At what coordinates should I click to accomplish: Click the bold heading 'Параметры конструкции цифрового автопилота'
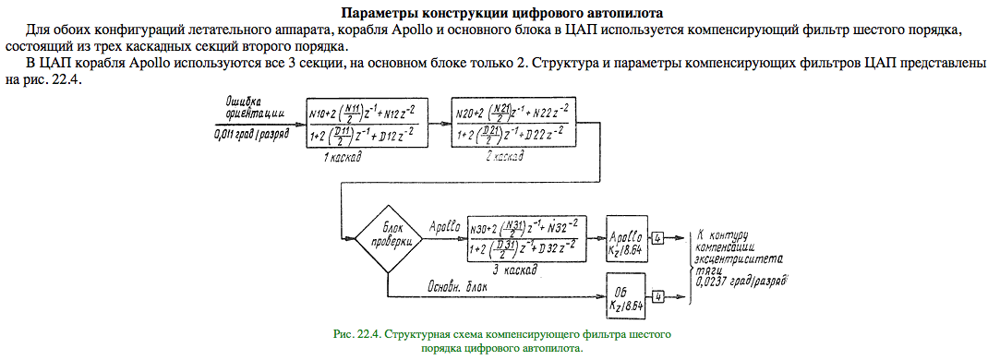(502, 12)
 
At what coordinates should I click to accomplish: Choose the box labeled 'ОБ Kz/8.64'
(626, 297)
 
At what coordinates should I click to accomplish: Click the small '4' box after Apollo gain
(658, 238)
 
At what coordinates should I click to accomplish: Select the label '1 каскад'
(342, 157)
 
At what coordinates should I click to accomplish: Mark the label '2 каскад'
(503, 156)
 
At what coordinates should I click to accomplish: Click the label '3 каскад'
(514, 270)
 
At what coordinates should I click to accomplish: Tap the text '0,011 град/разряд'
(253, 134)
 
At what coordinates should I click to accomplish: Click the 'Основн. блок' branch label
(457, 287)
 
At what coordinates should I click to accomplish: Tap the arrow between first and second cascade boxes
(439, 124)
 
